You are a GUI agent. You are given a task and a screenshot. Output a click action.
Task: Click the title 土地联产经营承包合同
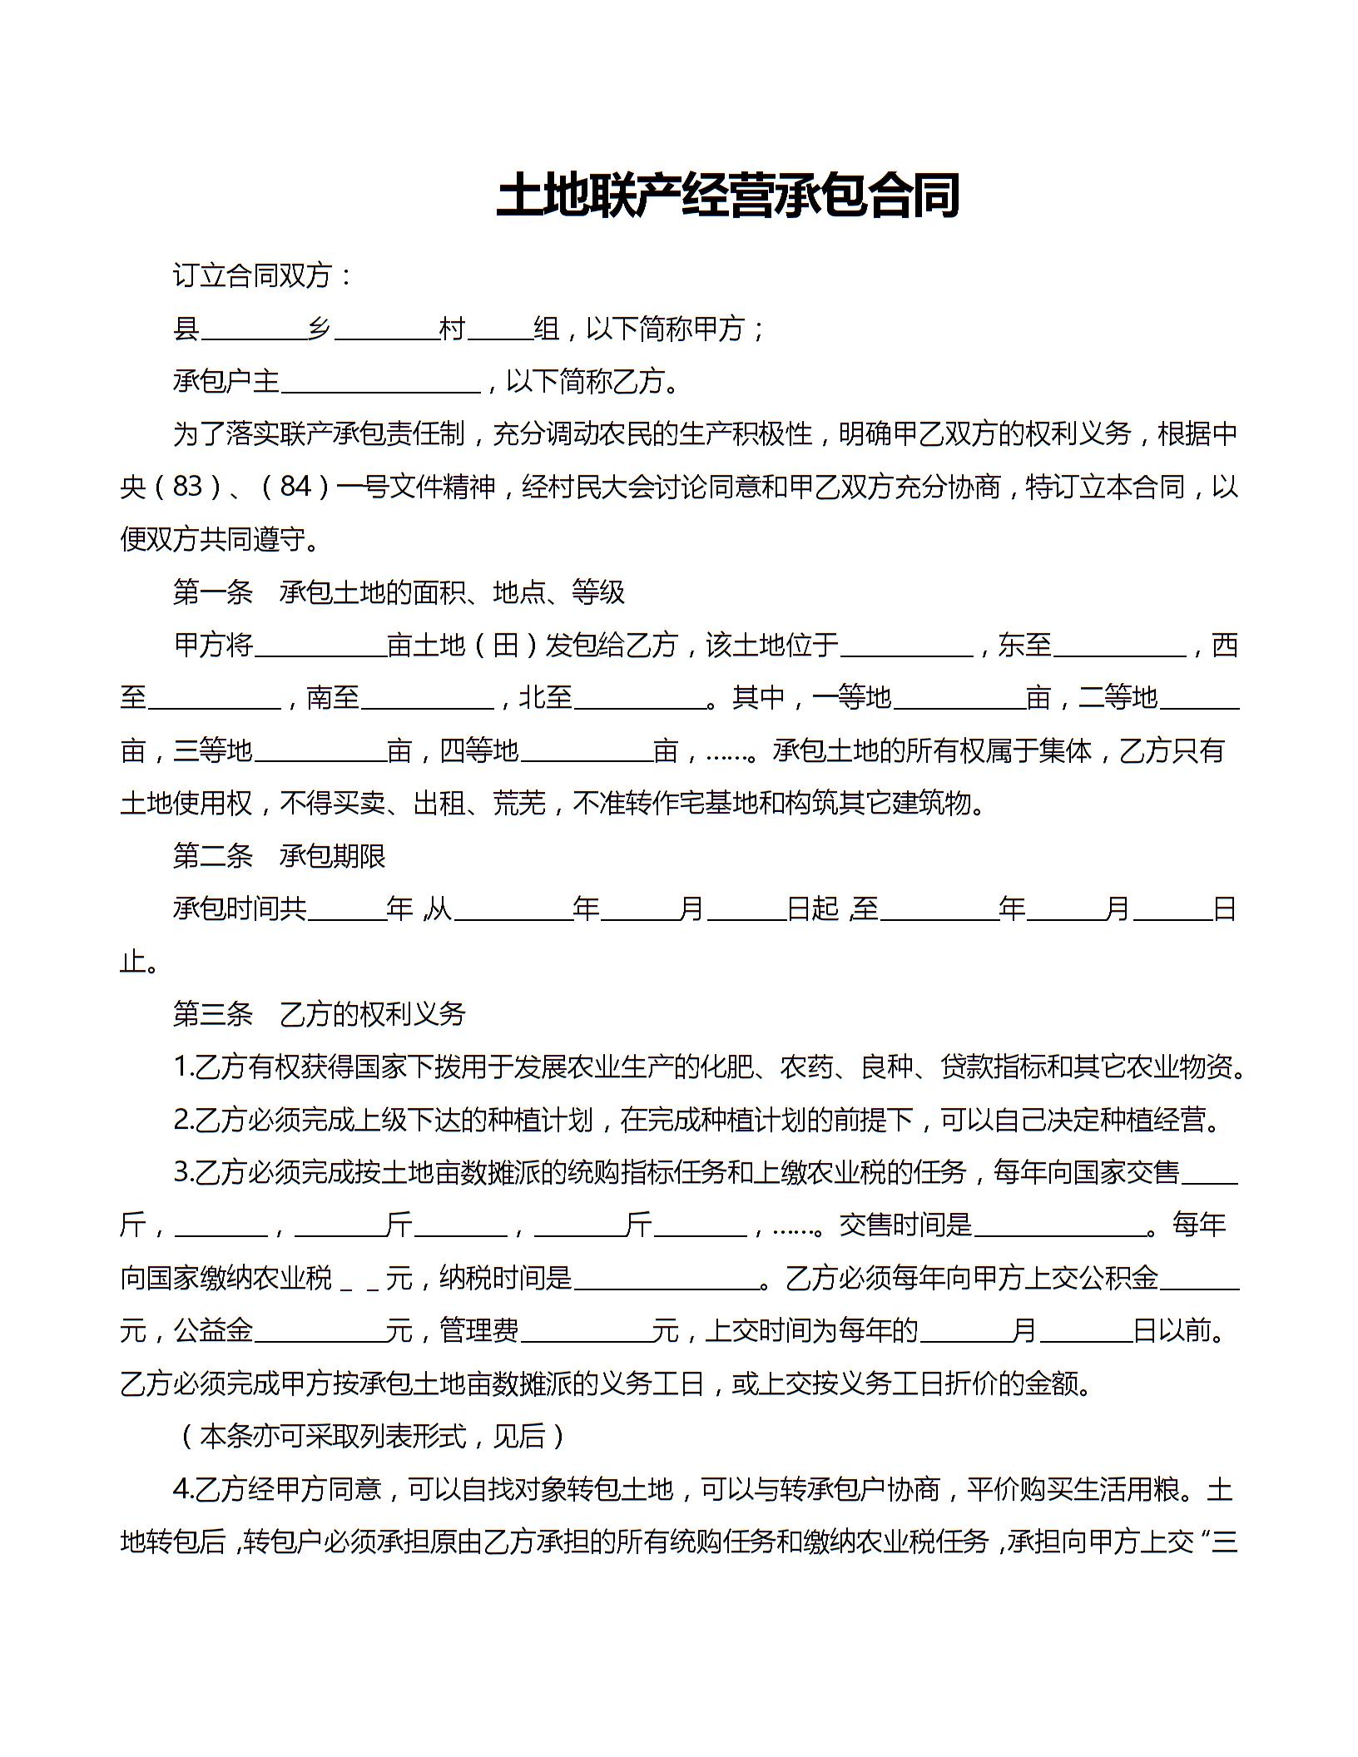(x=728, y=196)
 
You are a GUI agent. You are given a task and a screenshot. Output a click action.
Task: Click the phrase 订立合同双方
(x=253, y=275)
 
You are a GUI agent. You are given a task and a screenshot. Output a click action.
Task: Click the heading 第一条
(x=213, y=592)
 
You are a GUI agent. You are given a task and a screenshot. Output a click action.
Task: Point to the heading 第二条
(x=213, y=856)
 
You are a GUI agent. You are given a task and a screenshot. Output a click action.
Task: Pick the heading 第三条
(x=213, y=1014)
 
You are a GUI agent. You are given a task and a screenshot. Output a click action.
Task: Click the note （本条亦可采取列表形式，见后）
(x=373, y=1437)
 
